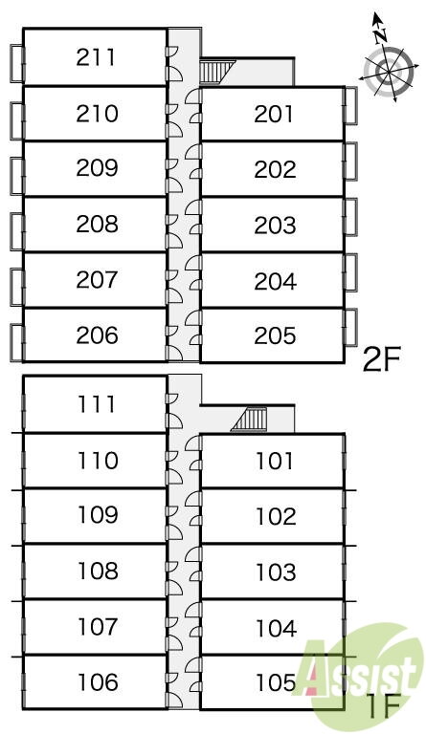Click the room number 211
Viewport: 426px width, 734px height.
[96, 57]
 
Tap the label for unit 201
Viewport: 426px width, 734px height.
[274, 115]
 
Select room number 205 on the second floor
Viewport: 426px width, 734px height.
[275, 335]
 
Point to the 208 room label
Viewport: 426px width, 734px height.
[97, 225]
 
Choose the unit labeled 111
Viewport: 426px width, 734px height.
[97, 404]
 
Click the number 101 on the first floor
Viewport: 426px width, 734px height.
[275, 461]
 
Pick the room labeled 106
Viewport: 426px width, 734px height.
[98, 682]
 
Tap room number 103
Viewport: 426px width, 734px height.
[276, 572]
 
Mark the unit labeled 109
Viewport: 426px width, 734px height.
[98, 515]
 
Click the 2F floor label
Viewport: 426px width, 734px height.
[382, 360]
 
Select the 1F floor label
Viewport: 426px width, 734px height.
[383, 707]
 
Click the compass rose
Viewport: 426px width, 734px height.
[389, 71]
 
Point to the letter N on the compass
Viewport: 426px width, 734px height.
[381, 34]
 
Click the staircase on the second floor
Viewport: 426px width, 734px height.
[215, 72]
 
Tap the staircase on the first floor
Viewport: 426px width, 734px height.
[249, 420]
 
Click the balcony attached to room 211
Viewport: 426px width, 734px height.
[17, 64]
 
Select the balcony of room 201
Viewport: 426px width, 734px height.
[350, 105]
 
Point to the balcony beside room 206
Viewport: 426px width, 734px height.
[17, 343]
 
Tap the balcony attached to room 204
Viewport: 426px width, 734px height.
[350, 272]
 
